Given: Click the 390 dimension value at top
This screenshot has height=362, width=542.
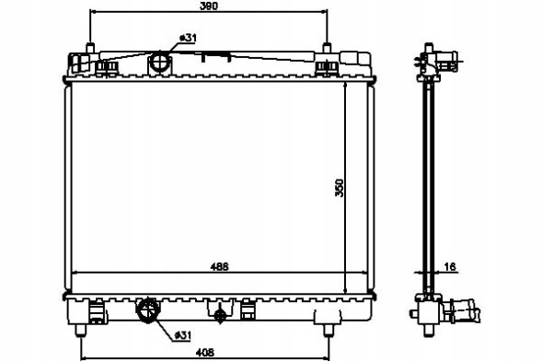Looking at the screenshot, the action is pyautogui.click(x=209, y=6).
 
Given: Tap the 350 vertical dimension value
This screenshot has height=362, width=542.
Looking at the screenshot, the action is pyautogui.click(x=340, y=188).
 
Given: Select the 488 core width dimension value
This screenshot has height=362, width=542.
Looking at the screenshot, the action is pyautogui.click(x=220, y=267).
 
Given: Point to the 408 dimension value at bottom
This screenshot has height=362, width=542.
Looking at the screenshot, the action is pyautogui.click(x=205, y=352).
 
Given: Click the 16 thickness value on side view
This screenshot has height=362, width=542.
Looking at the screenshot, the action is pyautogui.click(x=450, y=266).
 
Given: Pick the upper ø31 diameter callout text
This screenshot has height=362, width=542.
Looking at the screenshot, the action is pyautogui.click(x=188, y=38).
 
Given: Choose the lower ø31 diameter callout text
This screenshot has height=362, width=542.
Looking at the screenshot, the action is pyautogui.click(x=182, y=334).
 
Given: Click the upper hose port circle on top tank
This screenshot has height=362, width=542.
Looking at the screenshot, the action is pyautogui.click(x=160, y=62).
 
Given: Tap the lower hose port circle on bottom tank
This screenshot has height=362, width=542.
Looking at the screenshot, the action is pyautogui.click(x=148, y=309).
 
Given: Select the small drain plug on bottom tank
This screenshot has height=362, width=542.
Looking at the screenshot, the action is pyautogui.click(x=220, y=315).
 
